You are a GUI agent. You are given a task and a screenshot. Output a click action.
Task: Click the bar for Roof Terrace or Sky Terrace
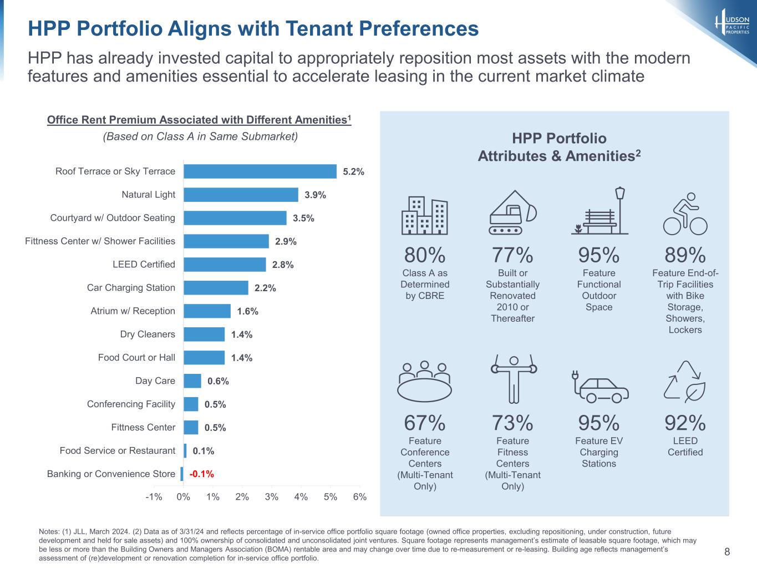tap(260, 171)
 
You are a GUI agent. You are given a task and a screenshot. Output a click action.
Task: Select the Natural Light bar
tap(241, 195)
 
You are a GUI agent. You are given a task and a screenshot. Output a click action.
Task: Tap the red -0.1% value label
tap(201, 474)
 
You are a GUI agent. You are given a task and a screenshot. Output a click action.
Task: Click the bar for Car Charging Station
tap(216, 288)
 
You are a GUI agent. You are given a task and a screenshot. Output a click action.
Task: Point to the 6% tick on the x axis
tap(360, 497)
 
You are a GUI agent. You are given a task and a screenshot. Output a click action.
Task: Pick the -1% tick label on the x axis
tap(154, 497)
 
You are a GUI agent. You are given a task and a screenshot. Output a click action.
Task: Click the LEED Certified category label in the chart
tap(144, 265)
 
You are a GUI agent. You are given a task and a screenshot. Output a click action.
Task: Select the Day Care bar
tap(192, 381)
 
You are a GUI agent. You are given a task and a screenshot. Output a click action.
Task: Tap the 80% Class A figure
tap(425, 255)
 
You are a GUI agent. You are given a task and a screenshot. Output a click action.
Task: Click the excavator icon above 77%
tap(513, 212)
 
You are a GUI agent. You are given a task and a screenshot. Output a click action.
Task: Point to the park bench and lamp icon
tap(599, 211)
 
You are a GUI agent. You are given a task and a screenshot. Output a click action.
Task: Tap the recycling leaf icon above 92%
tap(685, 382)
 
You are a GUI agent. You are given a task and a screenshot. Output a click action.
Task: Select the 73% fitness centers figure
tap(512, 423)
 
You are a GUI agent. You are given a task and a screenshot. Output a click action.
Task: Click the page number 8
tap(727, 551)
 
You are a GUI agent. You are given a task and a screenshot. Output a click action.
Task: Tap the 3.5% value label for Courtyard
tap(303, 218)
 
